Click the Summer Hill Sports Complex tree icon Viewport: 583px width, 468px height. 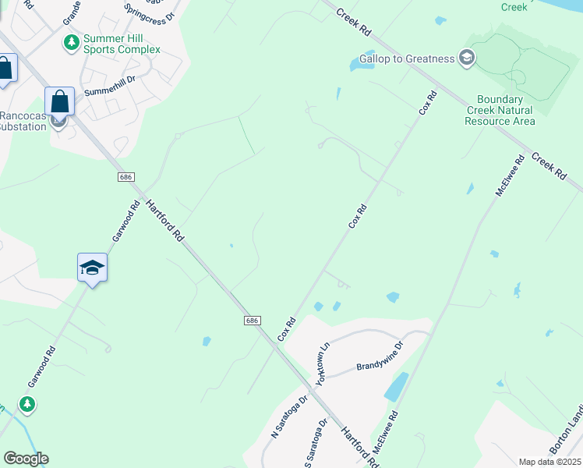click(x=71, y=42)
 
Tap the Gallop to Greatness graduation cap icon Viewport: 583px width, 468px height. click(x=467, y=58)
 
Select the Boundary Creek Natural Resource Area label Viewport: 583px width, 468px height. click(x=506, y=110)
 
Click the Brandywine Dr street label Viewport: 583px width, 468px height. click(x=380, y=355)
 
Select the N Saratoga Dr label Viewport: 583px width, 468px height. click(x=289, y=416)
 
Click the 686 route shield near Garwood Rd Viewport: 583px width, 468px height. click(x=125, y=177)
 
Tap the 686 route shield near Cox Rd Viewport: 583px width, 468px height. click(x=251, y=320)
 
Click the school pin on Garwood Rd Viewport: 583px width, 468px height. click(x=92, y=268)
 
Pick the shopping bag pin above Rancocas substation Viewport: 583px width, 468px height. click(x=59, y=101)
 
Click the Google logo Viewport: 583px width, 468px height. click(x=26, y=459)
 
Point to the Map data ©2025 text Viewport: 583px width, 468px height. click(x=549, y=462)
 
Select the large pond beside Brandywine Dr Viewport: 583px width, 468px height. click(x=396, y=385)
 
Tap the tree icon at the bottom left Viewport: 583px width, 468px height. click(x=27, y=404)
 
